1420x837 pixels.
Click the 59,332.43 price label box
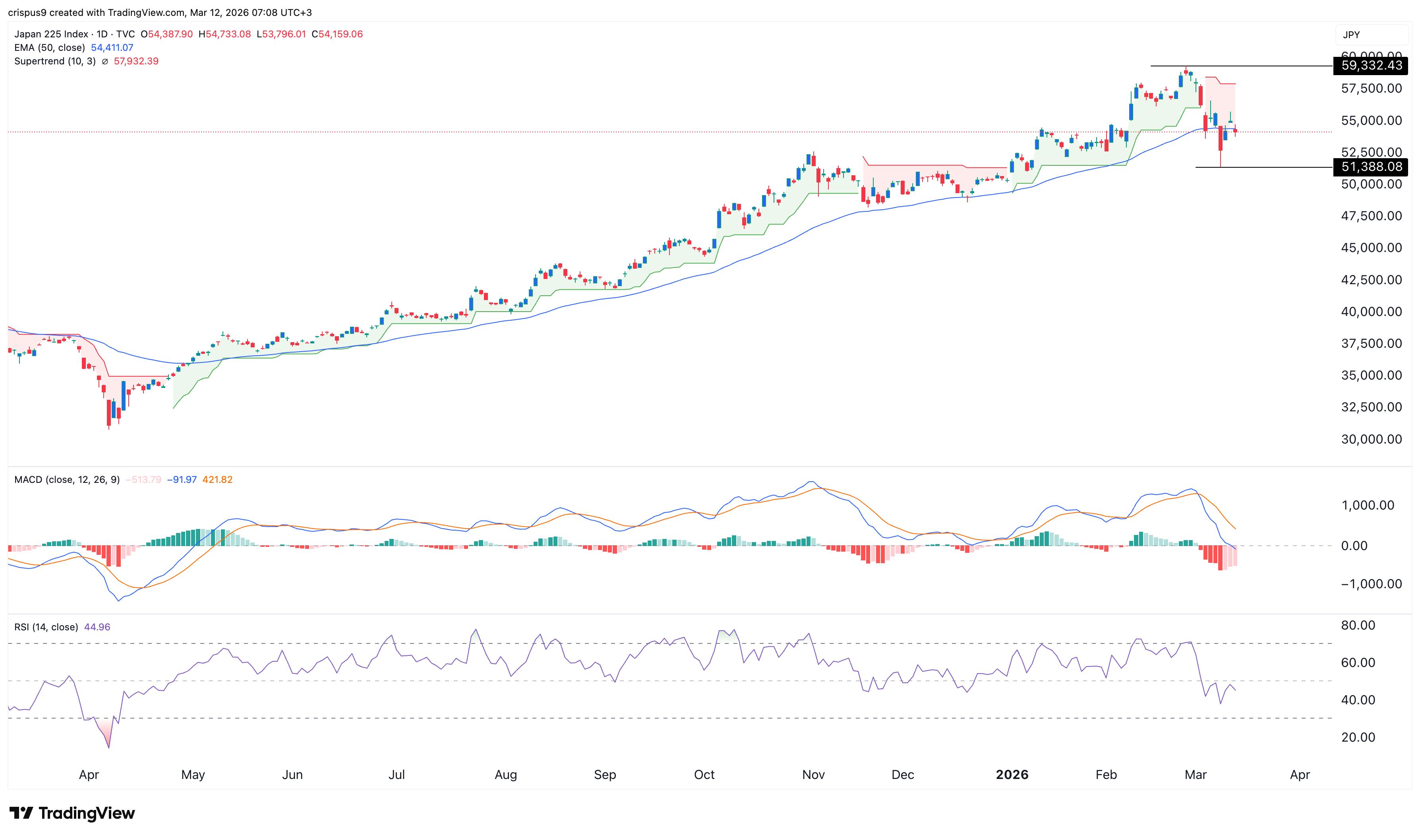click(1371, 66)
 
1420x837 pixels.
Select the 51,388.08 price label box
click(1371, 167)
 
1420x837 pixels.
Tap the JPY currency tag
click(1351, 35)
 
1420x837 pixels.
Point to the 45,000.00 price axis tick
click(1371, 248)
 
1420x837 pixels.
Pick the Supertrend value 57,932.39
click(136, 61)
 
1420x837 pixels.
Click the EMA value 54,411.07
click(112, 47)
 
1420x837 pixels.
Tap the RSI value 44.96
click(97, 627)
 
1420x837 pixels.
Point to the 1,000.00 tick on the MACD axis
click(1368, 506)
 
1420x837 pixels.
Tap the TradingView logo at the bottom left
click(72, 813)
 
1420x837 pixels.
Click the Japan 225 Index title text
click(51, 34)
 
